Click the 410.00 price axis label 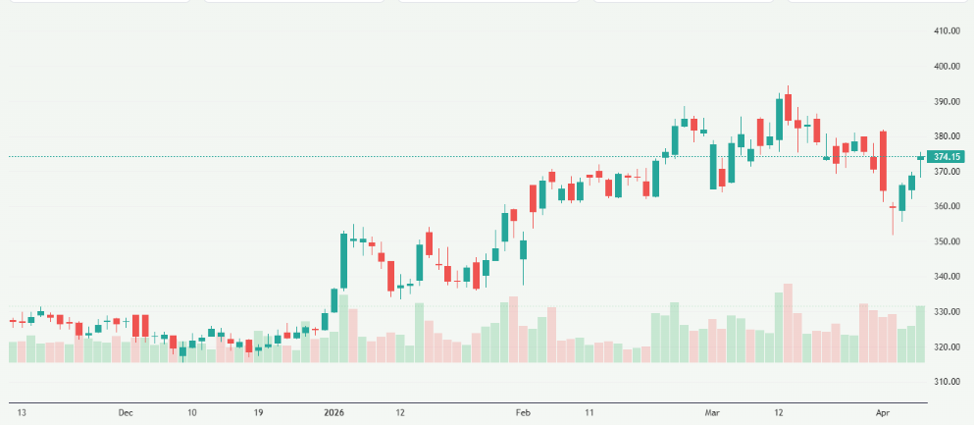pyautogui.click(x=947, y=31)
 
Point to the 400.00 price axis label pyautogui.click(x=947, y=67)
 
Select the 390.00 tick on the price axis pyautogui.click(x=947, y=102)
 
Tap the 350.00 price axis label pyautogui.click(x=947, y=241)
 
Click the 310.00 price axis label pyautogui.click(x=947, y=382)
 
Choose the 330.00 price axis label pyautogui.click(x=947, y=312)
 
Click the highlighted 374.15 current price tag pyautogui.click(x=948, y=157)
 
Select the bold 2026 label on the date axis pyautogui.click(x=334, y=413)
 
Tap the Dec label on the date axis pyautogui.click(x=126, y=413)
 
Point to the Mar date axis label pyautogui.click(x=711, y=413)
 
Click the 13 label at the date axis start pyautogui.click(x=21, y=413)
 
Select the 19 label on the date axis pyautogui.click(x=257, y=413)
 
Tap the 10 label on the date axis pyautogui.click(x=192, y=413)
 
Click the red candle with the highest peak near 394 pyautogui.click(x=788, y=107)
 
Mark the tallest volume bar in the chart pyautogui.click(x=788, y=323)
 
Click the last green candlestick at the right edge pyautogui.click(x=921, y=158)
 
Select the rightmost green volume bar pyautogui.click(x=921, y=334)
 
